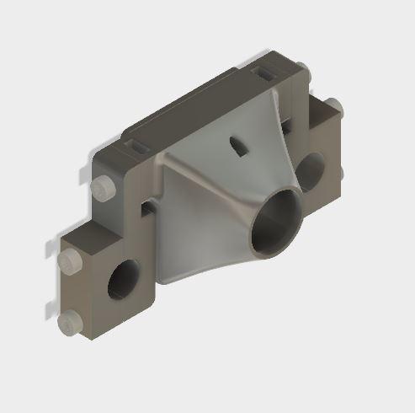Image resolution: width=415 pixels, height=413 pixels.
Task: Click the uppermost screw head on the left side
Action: point(104,187)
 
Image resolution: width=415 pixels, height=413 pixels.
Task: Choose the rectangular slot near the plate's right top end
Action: point(266,74)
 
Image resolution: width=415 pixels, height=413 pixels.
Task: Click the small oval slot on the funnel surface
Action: point(239,146)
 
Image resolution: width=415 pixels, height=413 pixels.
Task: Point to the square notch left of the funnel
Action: point(149,206)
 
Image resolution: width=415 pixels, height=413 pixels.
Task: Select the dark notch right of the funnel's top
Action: point(289,126)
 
